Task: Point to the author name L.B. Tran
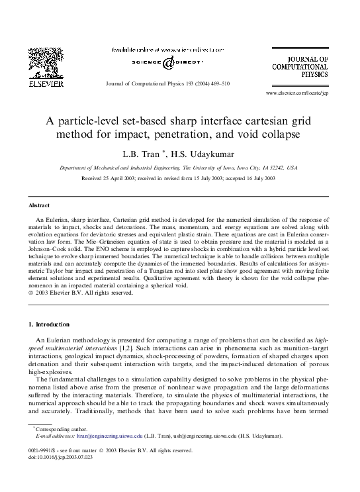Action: point(146,154)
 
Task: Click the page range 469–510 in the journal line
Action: point(217,84)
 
